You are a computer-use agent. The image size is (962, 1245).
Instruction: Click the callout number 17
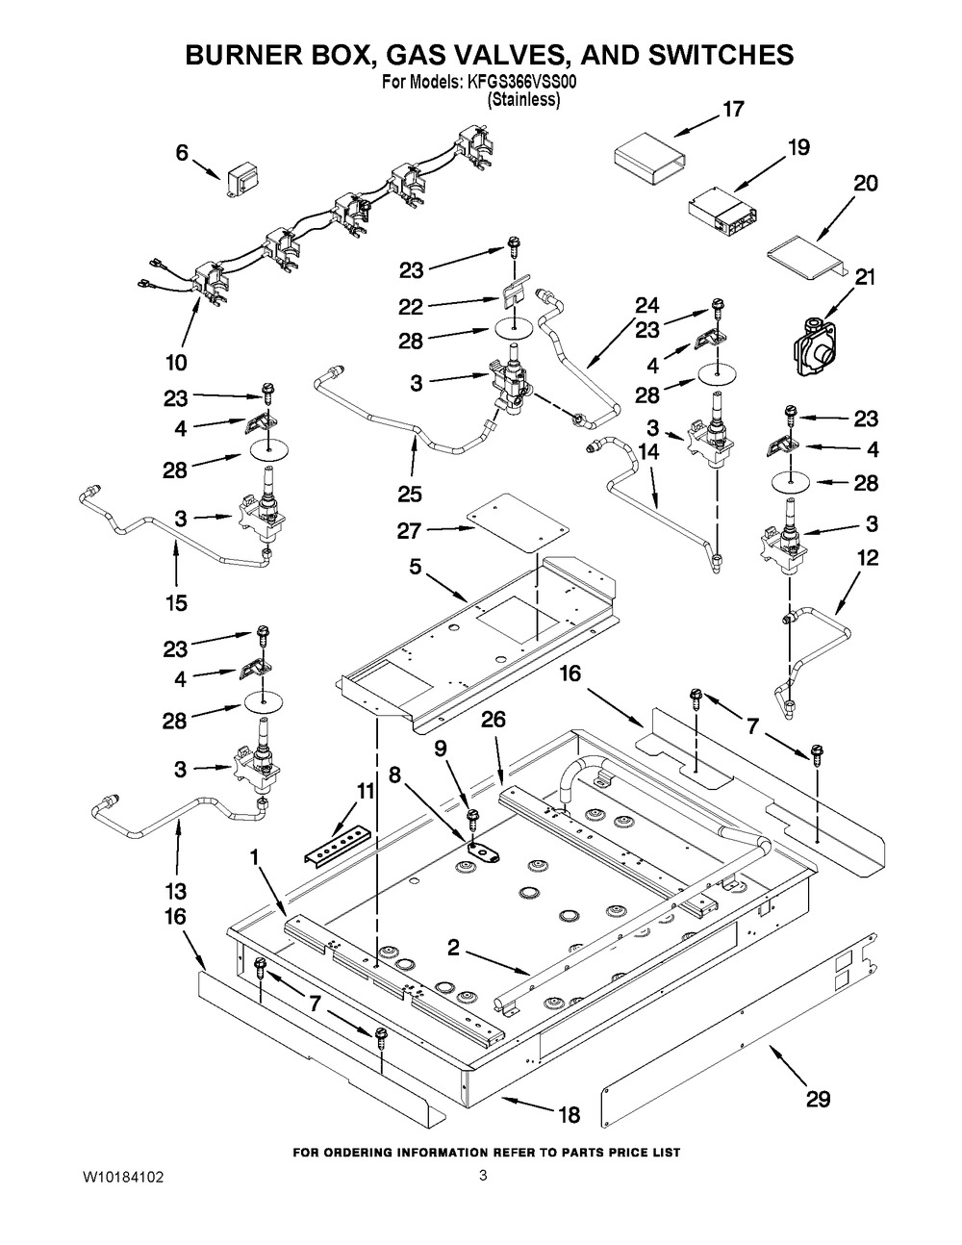733,110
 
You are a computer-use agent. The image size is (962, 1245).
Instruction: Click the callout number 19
799,148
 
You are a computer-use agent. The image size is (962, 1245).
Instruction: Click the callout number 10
175,363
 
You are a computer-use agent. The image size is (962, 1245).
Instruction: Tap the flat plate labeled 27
514,521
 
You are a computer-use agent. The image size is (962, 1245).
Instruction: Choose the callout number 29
818,1099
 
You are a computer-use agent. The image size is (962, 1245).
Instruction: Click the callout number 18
570,1115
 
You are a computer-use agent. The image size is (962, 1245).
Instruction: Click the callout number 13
175,891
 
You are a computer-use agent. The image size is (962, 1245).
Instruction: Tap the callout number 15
175,603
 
